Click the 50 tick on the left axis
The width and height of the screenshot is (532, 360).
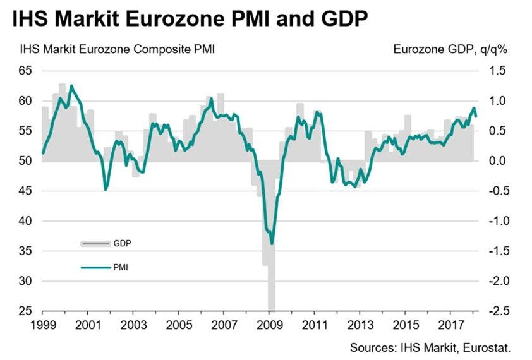pos(25,161)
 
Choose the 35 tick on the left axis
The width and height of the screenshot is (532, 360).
pos(25,251)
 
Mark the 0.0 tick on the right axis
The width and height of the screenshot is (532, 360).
pos(499,161)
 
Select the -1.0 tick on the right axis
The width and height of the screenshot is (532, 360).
pos(497,221)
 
